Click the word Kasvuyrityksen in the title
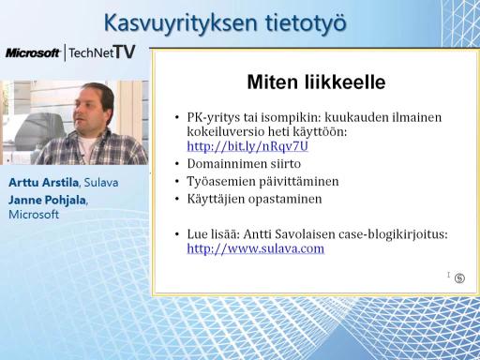(181, 23)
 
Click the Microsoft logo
(33, 52)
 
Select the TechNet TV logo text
(102, 52)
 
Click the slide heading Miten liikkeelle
(316, 82)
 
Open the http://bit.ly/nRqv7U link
(247, 146)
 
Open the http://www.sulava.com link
(256, 248)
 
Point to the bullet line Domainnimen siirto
(244, 163)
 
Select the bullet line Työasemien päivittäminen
(262, 181)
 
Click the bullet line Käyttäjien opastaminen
(254, 199)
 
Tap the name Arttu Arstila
(43, 182)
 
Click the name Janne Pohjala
(47, 200)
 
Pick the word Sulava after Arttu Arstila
(101, 183)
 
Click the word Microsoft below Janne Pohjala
(34, 215)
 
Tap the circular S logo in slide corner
(459, 277)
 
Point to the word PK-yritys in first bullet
(214, 118)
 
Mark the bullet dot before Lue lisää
(177, 234)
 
